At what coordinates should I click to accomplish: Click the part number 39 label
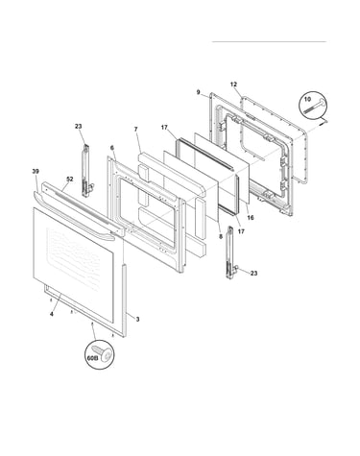tap(36, 172)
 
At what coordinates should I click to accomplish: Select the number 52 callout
tap(70, 180)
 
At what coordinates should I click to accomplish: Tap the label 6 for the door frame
tap(112, 148)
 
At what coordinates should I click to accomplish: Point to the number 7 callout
tap(136, 130)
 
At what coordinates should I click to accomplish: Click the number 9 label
tap(199, 92)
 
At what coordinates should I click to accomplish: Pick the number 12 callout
tap(233, 84)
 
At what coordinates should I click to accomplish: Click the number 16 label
tap(251, 218)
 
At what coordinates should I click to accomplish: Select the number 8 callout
tap(220, 237)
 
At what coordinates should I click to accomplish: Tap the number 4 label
tap(52, 314)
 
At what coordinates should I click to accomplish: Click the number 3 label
tap(137, 319)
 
